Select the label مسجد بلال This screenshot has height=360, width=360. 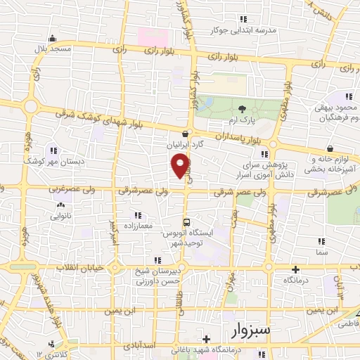click(x=52, y=50)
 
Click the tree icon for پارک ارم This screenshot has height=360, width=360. click(x=243, y=109)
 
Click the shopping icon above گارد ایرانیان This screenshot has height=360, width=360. click(x=184, y=134)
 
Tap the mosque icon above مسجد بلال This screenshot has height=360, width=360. click(x=52, y=39)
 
